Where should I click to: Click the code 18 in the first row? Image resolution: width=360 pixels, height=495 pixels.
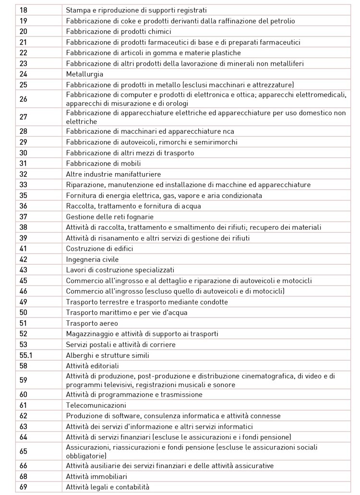click(24, 10)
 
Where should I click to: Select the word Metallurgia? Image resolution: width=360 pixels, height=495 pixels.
click(84, 74)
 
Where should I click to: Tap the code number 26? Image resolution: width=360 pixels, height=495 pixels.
click(24, 99)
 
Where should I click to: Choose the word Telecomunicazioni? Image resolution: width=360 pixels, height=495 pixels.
click(93, 405)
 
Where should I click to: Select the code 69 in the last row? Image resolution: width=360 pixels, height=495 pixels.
click(24, 487)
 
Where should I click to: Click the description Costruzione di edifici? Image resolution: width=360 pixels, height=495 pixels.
click(99, 248)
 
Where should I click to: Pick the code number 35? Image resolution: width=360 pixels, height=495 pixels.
click(24, 196)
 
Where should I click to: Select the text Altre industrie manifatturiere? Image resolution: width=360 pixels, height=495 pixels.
click(113, 174)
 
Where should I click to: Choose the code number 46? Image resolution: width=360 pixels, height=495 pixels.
click(24, 291)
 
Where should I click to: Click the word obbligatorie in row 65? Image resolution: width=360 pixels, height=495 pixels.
click(85, 455)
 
